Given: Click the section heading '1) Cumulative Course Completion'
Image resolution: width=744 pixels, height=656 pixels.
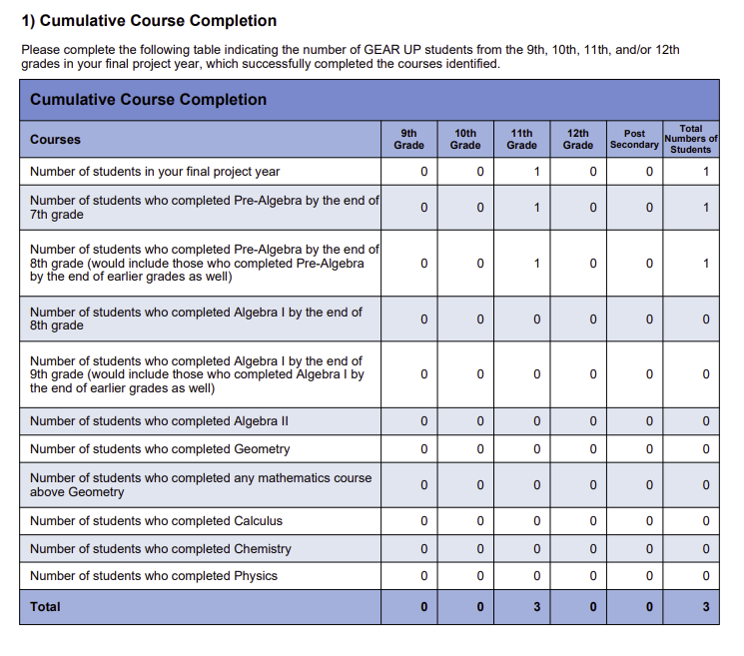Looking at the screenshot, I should pos(150,21).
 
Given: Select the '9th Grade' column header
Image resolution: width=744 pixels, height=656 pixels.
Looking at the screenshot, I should pos(408,139).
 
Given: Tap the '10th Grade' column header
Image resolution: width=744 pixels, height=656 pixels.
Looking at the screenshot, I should pos(465,139).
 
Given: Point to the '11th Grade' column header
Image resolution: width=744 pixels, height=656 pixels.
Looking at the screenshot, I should pos(521,139).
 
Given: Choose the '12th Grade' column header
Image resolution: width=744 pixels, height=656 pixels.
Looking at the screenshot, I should pos(578,139).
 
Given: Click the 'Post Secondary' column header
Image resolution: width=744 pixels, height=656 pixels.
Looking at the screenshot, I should pos(634,139).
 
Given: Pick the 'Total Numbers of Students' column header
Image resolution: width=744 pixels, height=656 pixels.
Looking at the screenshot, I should pos(690,139).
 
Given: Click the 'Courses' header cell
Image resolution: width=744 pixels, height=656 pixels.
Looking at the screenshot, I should pos(56,139).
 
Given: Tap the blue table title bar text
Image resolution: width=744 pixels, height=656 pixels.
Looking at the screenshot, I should pos(149,99).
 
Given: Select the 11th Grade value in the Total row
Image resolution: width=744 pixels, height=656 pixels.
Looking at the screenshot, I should pos(536,607).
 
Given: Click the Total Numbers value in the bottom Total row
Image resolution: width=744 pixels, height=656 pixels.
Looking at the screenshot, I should pos(705,607).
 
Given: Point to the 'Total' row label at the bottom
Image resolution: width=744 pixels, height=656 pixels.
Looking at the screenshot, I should pos(45,606).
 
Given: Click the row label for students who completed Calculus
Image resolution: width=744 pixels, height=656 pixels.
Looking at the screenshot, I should pos(156,520).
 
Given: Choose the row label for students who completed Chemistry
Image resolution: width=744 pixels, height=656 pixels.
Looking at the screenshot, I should pos(161,548).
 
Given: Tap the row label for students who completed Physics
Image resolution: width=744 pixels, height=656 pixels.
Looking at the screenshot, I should pos(154,575).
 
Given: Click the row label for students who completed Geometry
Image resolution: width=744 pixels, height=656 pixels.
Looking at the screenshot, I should pos(160,448).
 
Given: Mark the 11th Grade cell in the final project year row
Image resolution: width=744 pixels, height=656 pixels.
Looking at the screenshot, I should pos(536,172).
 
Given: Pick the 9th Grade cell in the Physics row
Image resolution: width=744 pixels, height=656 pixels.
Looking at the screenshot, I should pos(423,576).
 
